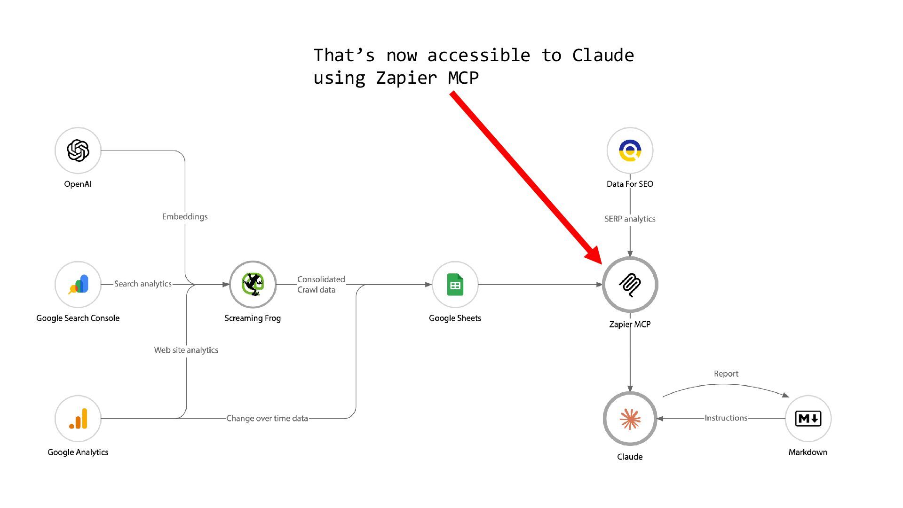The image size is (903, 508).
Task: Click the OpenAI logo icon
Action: tap(78, 151)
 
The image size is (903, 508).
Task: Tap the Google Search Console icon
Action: tap(78, 284)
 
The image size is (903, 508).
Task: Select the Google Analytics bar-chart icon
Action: tap(78, 419)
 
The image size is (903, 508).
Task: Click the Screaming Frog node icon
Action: tap(253, 284)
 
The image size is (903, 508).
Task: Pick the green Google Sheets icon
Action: tap(455, 285)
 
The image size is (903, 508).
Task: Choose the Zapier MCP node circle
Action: tap(630, 285)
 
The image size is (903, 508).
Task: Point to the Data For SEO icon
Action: tap(630, 151)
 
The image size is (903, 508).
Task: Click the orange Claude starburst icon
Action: tap(630, 419)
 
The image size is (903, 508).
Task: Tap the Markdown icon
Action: tap(808, 418)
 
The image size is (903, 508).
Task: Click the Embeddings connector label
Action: tap(185, 217)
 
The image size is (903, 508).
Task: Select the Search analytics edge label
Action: tap(143, 284)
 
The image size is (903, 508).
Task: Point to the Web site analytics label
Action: tap(186, 350)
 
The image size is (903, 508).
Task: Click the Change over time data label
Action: tap(267, 418)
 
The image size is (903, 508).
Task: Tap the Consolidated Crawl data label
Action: tap(321, 285)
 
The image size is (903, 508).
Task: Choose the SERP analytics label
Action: tap(630, 219)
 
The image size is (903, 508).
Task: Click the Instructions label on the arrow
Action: tap(726, 418)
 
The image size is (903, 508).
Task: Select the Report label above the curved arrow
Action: tap(726, 374)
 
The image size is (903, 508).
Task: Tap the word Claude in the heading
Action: tap(603, 56)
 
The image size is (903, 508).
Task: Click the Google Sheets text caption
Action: tap(455, 318)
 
